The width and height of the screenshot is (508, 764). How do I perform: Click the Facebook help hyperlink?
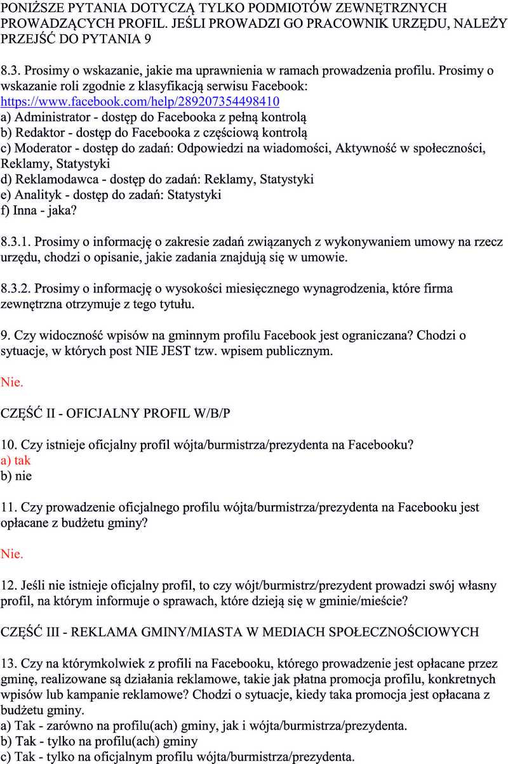[x=140, y=102]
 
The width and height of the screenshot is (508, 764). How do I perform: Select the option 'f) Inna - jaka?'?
[x=39, y=210]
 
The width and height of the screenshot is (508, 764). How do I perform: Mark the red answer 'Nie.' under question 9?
[x=12, y=382]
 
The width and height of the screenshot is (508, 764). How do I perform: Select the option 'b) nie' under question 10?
[x=16, y=476]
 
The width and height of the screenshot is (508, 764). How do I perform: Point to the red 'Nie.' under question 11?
[x=12, y=554]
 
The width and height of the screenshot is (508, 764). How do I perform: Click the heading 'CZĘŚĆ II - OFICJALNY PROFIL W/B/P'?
[x=116, y=413]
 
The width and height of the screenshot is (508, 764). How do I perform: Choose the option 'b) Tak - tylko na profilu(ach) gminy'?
[x=99, y=741]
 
